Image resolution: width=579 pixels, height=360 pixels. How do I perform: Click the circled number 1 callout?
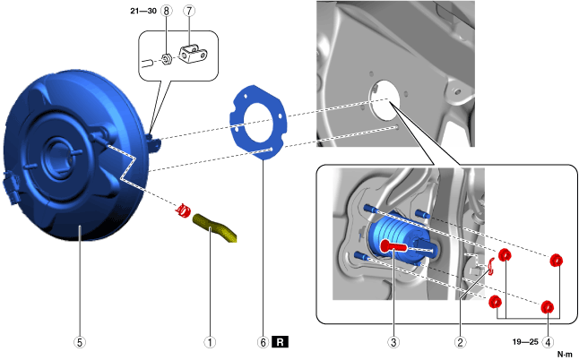click(211, 341)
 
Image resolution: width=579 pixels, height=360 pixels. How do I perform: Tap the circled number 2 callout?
click(460, 341)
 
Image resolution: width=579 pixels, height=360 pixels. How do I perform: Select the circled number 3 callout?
click(392, 341)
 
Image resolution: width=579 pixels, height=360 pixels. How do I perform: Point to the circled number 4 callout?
click(549, 341)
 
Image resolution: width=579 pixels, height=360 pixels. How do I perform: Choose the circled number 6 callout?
click(263, 341)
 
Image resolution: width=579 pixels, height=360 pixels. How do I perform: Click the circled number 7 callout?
click(189, 11)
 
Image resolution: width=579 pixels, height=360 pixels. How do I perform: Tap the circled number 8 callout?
click(167, 11)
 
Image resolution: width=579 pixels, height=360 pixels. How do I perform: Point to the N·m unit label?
click(565, 355)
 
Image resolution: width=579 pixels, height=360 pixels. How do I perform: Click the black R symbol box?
click(281, 341)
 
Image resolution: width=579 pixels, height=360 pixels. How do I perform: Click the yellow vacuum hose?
click(215, 227)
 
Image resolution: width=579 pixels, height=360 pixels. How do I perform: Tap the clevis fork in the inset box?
click(193, 55)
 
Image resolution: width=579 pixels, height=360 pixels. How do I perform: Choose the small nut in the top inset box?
click(167, 61)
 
